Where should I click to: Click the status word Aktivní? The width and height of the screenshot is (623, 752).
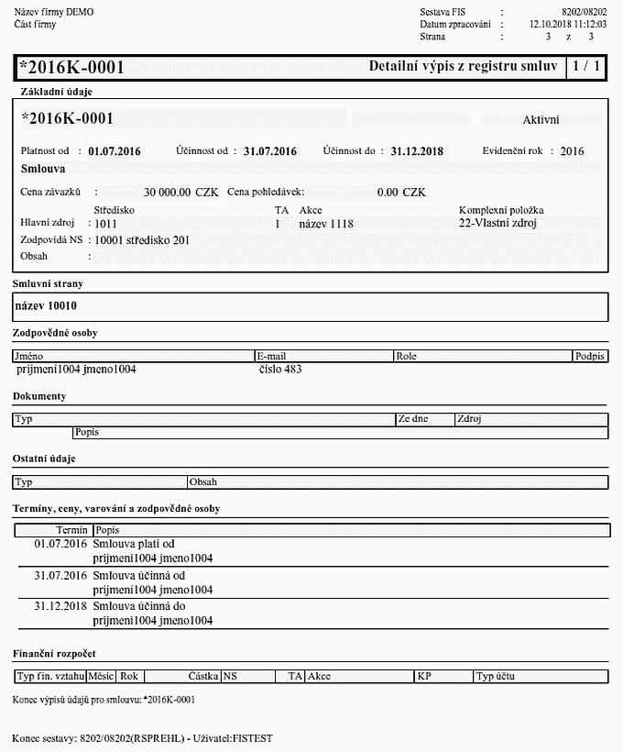click(541, 120)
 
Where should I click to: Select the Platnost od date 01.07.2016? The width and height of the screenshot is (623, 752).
click(115, 151)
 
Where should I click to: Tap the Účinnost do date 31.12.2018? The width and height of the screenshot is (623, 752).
click(417, 151)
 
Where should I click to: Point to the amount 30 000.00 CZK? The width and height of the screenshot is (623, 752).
click(181, 193)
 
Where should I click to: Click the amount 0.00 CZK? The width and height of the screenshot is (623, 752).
click(401, 193)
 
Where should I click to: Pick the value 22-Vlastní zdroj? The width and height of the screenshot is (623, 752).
click(497, 223)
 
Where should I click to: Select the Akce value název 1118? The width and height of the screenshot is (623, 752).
click(326, 224)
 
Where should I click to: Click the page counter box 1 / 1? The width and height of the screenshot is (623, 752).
click(585, 67)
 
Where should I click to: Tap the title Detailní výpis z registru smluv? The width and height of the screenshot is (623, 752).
click(464, 67)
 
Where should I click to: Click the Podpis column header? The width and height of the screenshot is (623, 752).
click(589, 356)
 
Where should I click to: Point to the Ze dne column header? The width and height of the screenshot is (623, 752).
click(412, 419)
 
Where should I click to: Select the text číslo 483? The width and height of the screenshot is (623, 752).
click(280, 370)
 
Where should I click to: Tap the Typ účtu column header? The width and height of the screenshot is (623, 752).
click(496, 677)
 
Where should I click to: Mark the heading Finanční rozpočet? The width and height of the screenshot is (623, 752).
click(54, 654)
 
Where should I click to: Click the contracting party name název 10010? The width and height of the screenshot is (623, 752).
click(46, 305)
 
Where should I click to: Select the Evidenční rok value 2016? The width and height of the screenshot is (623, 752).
click(572, 151)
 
